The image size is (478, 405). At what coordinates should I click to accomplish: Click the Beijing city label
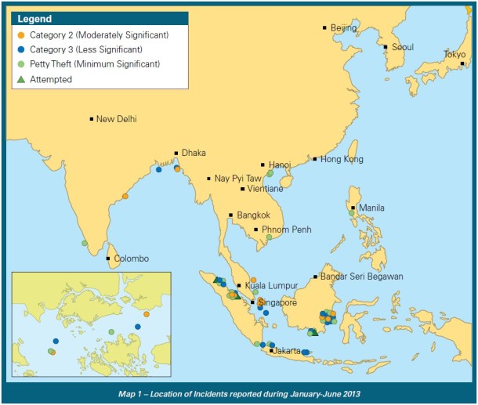[343, 28]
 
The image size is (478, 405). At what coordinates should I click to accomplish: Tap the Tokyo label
[454, 54]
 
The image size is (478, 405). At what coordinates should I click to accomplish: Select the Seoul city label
[402, 47]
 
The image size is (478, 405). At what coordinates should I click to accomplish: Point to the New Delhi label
[116, 120]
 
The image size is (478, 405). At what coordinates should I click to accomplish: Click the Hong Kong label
[342, 160]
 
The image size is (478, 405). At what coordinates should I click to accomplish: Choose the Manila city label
[371, 208]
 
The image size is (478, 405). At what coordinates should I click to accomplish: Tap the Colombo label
[131, 259]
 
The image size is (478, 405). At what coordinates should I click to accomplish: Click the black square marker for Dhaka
[176, 154]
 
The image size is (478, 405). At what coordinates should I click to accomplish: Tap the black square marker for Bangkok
[230, 215]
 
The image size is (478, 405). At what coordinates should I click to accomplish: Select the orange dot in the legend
[20, 35]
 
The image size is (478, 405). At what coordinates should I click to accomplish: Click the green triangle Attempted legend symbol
[20, 80]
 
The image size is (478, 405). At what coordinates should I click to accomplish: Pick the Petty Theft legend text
[95, 64]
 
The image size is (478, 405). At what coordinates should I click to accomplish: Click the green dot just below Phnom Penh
[269, 237]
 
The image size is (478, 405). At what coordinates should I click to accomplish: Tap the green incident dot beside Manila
[350, 212]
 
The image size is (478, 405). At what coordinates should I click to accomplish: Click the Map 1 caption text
[238, 391]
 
